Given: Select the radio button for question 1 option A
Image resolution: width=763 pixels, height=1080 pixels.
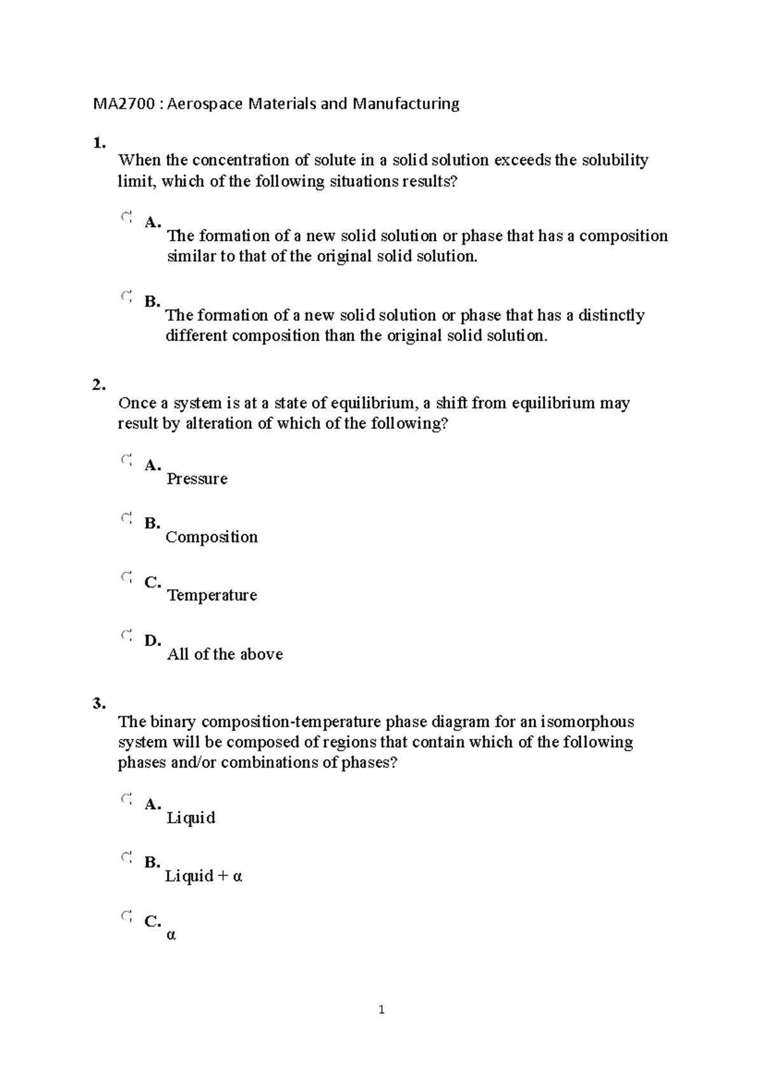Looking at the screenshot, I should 126,218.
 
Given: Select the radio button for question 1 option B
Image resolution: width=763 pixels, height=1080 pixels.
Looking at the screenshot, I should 126,296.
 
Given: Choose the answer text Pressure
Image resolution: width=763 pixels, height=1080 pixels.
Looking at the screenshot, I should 196,479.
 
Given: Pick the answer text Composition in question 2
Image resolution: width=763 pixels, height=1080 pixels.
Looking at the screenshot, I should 212,537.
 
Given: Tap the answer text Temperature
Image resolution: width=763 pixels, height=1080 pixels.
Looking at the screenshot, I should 212,596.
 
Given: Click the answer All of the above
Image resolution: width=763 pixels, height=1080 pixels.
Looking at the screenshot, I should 224,654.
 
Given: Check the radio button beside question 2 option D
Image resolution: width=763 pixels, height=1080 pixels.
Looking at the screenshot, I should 126,635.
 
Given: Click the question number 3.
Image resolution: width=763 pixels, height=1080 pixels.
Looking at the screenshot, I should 99,703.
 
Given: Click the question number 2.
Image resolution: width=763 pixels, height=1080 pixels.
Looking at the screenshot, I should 99,385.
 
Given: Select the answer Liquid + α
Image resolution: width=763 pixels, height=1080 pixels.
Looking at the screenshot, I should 203,876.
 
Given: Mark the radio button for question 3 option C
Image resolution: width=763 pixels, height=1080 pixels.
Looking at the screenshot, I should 126,917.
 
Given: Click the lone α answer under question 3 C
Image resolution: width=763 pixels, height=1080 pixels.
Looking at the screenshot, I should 170,936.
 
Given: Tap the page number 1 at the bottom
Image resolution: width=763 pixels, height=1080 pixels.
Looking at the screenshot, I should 381,1009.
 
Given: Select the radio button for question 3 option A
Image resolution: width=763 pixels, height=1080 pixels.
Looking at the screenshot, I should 126,799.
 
